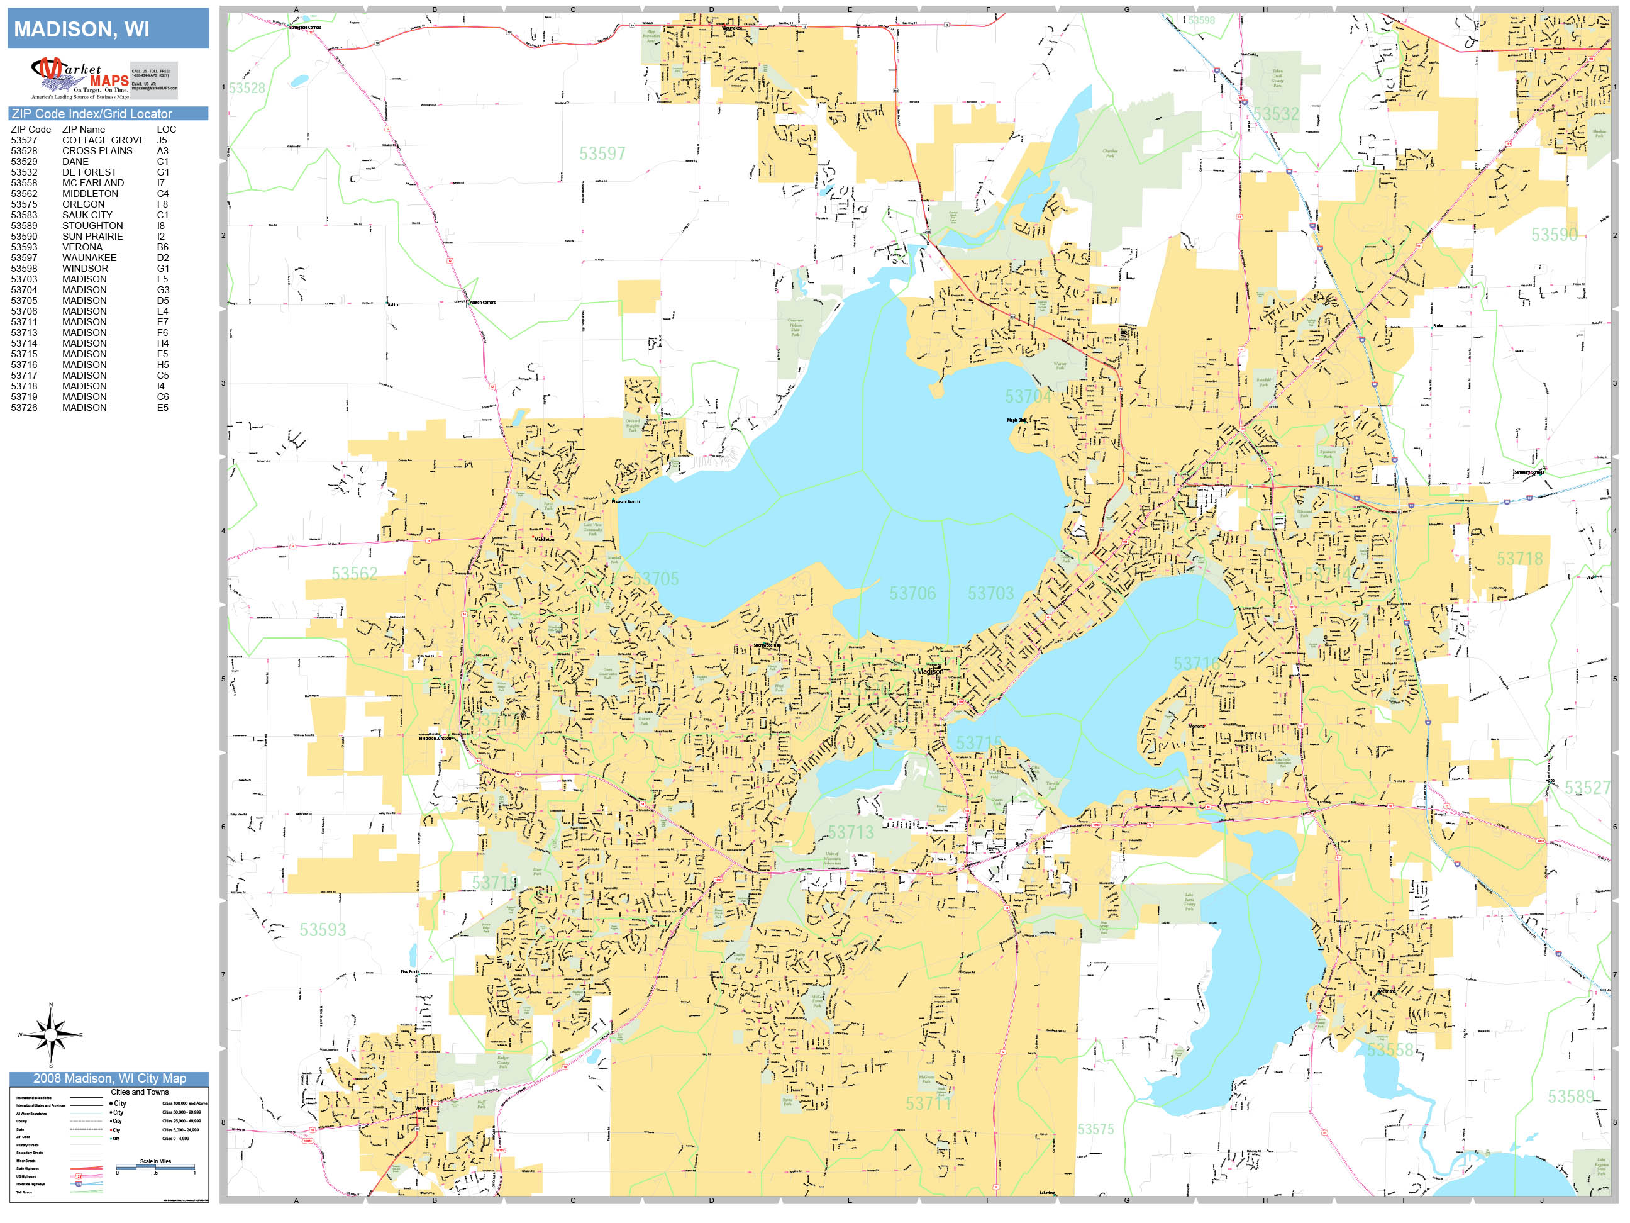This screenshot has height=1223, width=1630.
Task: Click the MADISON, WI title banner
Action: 108,29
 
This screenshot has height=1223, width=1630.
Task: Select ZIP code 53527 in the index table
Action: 23,140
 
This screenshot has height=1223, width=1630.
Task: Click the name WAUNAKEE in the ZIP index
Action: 89,258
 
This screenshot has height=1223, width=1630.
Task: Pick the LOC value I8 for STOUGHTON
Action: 160,226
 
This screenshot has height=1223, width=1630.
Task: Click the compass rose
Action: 51,1035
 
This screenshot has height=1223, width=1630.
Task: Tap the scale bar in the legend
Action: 155,1167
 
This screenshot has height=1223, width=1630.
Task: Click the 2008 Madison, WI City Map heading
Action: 109,1078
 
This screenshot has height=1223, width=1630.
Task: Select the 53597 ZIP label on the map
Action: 601,154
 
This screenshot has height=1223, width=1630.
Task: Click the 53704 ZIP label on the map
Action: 1028,396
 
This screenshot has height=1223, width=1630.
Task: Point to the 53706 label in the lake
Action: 912,593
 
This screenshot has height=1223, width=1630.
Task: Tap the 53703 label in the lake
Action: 990,593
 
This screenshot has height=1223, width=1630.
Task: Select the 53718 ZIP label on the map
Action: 1519,559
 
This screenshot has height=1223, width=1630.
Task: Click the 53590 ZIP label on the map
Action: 1554,235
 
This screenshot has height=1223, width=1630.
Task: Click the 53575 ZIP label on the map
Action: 1095,1129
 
